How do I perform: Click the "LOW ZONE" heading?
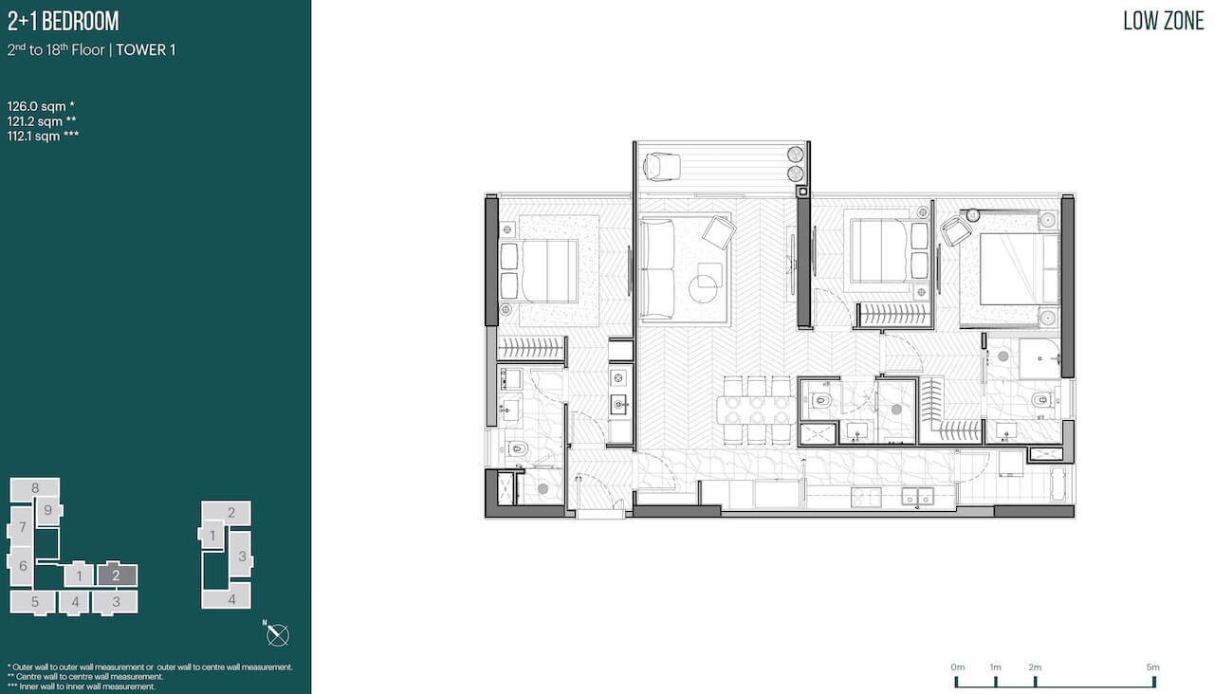click(x=1163, y=21)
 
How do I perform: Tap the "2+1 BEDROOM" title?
click(x=63, y=21)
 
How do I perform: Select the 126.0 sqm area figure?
click(x=41, y=106)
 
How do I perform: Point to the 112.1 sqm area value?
click(x=43, y=136)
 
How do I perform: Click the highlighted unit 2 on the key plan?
click(x=117, y=575)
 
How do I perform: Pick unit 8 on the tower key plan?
click(x=35, y=487)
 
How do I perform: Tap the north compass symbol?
click(x=277, y=634)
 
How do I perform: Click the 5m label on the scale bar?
click(x=1152, y=667)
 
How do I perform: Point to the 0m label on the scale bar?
click(x=958, y=667)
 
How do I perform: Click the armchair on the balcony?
click(x=661, y=166)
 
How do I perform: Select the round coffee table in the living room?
click(x=703, y=289)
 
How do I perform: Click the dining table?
click(x=757, y=411)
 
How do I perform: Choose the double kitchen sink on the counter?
click(x=917, y=496)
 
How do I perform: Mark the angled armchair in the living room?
click(x=719, y=232)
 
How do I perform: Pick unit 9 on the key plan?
click(x=48, y=510)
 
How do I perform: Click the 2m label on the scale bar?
click(x=1035, y=667)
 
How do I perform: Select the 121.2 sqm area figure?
click(x=42, y=121)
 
